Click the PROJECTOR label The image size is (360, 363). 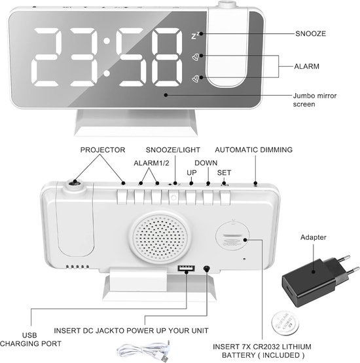(x=103, y=150)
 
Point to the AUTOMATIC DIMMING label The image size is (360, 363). (x=254, y=150)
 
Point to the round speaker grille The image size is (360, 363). (x=161, y=239)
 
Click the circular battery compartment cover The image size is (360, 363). (x=232, y=234)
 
